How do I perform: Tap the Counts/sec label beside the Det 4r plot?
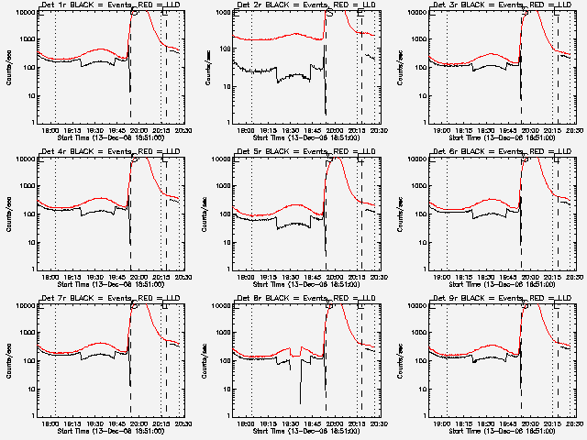[x=11, y=213]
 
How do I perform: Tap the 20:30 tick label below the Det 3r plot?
[x=573, y=127]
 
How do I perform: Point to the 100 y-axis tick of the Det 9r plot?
[x=422, y=360]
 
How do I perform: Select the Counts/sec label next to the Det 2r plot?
[x=206, y=66]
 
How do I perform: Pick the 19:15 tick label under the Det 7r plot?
[x=72, y=421]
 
